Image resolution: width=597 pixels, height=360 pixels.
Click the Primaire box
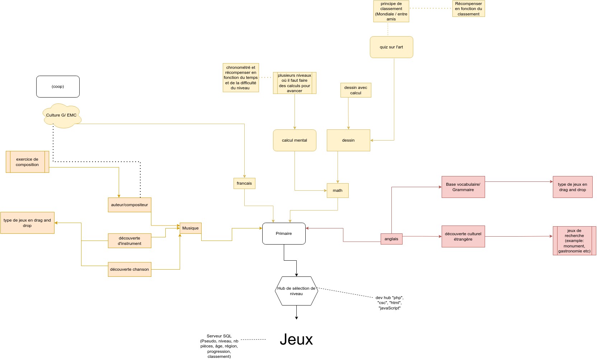click(x=284, y=233)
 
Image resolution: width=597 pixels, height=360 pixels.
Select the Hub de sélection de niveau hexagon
click(x=296, y=291)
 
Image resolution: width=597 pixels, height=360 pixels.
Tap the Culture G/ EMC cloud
click(x=62, y=115)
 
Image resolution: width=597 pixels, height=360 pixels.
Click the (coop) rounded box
click(x=58, y=86)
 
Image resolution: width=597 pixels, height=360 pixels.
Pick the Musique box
click(x=191, y=228)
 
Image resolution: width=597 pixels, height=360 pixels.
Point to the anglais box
click(x=391, y=239)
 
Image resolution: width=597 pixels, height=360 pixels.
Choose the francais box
click(x=244, y=183)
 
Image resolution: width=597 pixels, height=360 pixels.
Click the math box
click(x=338, y=190)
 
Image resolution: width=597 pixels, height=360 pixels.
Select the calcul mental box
click(x=295, y=140)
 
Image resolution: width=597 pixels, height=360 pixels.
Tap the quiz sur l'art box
click(x=391, y=47)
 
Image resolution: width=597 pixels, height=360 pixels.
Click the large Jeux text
click(x=296, y=339)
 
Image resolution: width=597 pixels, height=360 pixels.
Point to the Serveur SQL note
click(x=219, y=346)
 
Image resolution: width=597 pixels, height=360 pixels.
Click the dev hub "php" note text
click(x=390, y=303)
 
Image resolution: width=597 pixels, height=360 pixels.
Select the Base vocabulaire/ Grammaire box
click(x=463, y=187)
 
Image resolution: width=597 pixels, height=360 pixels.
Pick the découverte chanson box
click(x=130, y=269)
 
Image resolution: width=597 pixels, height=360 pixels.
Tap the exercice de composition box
click(x=27, y=162)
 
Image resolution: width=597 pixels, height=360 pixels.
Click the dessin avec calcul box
click(x=356, y=90)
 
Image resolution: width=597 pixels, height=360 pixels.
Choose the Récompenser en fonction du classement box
click(x=469, y=9)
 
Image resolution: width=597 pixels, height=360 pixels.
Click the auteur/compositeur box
click(x=130, y=205)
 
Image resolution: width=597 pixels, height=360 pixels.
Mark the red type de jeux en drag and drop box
click(x=573, y=187)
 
